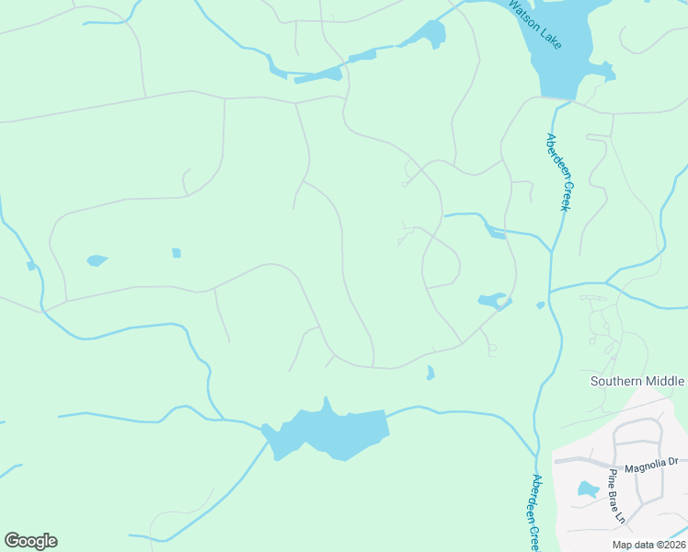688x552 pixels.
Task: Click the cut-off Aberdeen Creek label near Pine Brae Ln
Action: pyautogui.click(x=533, y=512)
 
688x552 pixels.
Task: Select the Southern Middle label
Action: pyautogui.click(x=637, y=381)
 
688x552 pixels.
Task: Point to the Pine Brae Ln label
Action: pyautogui.click(x=616, y=497)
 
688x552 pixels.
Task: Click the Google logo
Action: pyautogui.click(x=30, y=541)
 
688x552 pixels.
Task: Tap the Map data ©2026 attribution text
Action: pyautogui.click(x=648, y=545)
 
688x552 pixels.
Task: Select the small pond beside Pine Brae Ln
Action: pyautogui.click(x=588, y=489)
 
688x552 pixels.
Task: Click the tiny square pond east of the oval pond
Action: pyautogui.click(x=176, y=253)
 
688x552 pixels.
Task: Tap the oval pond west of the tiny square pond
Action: pyautogui.click(x=97, y=260)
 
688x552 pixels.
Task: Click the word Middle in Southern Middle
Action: pyautogui.click(x=663, y=381)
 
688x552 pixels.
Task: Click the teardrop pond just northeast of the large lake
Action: pyautogui.click(x=430, y=373)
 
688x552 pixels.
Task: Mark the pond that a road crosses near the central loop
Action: pyautogui.click(x=492, y=301)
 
